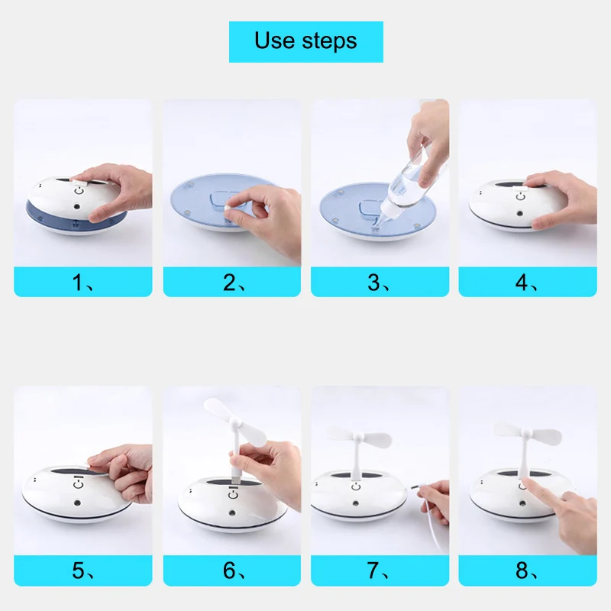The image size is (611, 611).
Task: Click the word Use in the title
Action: pos(274,40)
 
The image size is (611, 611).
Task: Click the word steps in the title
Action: pos(330,41)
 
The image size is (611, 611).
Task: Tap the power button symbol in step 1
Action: pos(79,191)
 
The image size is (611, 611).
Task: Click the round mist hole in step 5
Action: pos(78,503)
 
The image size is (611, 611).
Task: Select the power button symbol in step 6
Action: pos(233,495)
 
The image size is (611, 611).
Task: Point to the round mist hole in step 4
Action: pos(519,214)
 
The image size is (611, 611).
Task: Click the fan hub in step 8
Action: pos(527,433)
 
